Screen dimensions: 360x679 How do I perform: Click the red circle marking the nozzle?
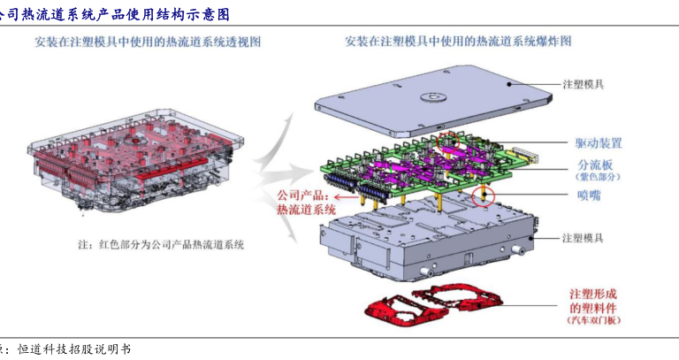(x=483, y=194)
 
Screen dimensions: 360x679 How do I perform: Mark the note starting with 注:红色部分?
(x=159, y=244)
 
